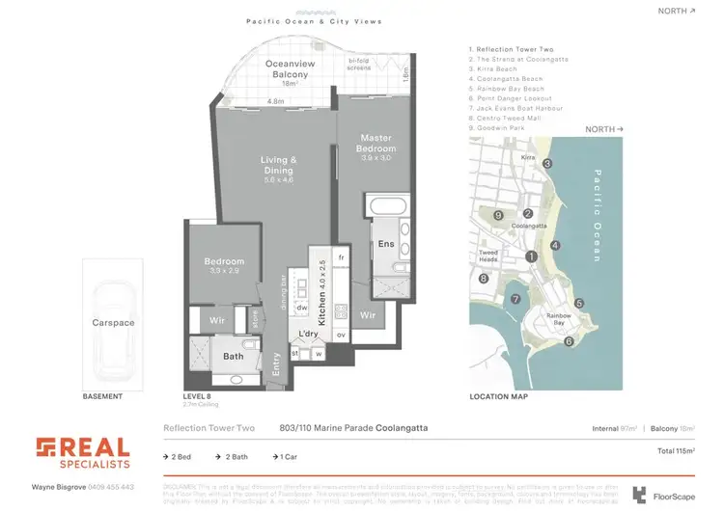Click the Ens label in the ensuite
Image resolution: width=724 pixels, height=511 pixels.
(x=386, y=244)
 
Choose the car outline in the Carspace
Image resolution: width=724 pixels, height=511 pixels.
(x=114, y=323)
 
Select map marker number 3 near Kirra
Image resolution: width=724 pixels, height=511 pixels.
(x=546, y=164)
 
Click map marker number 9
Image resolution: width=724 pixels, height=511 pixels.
(x=498, y=215)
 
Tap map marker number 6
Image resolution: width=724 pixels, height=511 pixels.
(x=569, y=340)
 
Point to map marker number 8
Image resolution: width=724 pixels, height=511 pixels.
(x=483, y=279)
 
